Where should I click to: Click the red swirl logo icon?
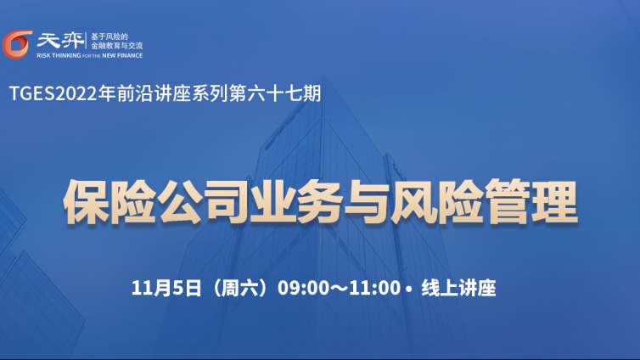17,44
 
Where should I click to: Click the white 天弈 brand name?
60,41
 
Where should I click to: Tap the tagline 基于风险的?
109,37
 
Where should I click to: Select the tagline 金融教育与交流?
117,46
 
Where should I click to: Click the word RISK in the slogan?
43,55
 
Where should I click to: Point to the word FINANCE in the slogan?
130,55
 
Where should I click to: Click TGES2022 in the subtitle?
53,94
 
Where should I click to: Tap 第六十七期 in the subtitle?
275,93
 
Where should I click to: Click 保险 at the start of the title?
109,201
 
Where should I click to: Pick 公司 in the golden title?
203,201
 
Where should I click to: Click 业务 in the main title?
296,201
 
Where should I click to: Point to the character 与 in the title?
367,201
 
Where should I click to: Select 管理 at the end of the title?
531,201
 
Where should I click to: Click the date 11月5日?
166,288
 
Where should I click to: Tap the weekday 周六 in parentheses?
239,288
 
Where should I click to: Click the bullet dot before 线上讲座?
409,289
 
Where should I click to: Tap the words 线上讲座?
458,288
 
